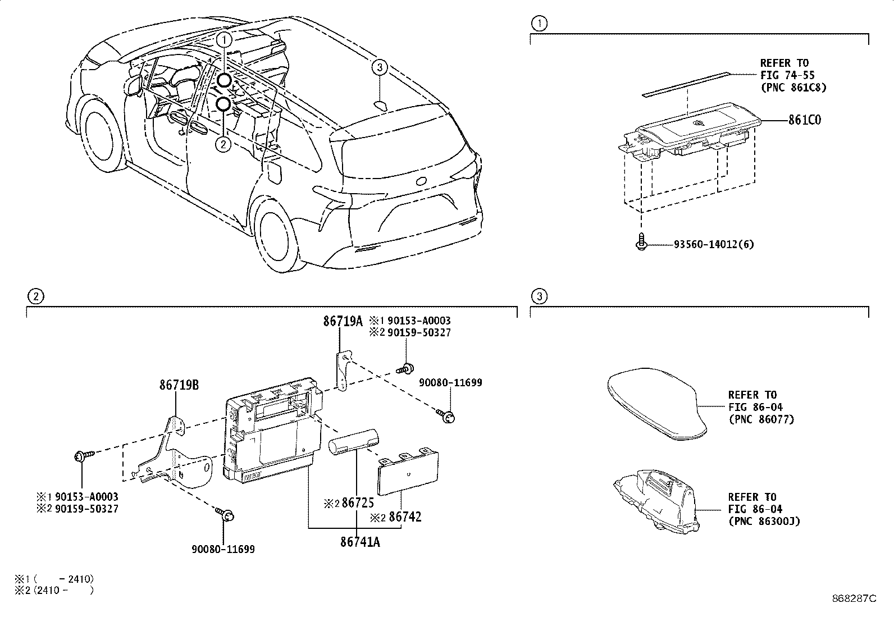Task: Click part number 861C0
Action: tap(804, 120)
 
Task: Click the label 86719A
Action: tap(343, 321)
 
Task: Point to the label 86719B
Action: tap(179, 385)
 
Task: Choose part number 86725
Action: tap(358, 503)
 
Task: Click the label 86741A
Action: tap(360, 542)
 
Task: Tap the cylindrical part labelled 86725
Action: tap(354, 437)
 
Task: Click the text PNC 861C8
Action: tap(793, 87)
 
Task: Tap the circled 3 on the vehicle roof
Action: tap(380, 68)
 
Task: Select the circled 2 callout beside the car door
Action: tap(223, 145)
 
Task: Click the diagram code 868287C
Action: tap(854, 598)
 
